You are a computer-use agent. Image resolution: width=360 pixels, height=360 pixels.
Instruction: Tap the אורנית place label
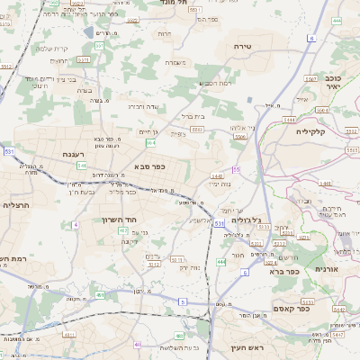325,269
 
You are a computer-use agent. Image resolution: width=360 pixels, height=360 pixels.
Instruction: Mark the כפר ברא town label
283,270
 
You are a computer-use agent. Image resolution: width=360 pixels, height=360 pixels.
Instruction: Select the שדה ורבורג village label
143,105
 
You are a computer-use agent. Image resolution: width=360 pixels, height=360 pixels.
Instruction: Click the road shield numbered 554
151,142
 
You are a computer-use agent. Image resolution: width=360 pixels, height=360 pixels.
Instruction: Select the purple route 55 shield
237,169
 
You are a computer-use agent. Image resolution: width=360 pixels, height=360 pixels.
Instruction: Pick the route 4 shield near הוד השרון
76,223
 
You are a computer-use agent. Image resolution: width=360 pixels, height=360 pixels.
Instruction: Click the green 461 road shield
100,294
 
